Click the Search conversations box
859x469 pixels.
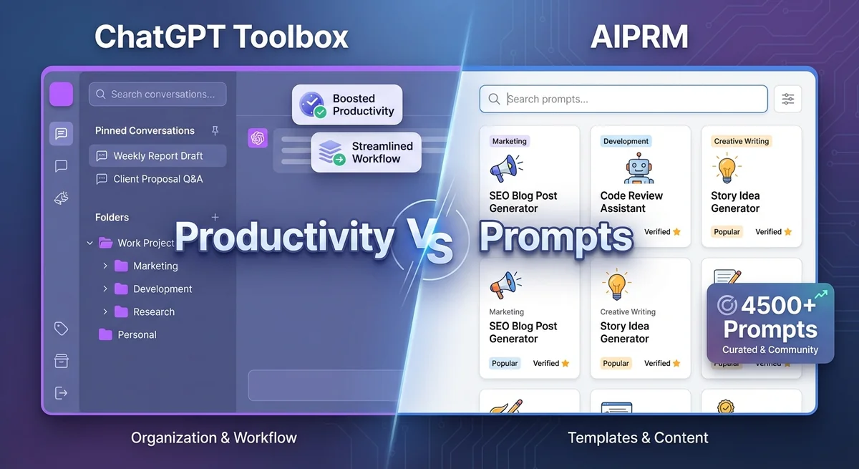(x=157, y=94)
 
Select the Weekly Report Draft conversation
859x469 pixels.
(x=157, y=155)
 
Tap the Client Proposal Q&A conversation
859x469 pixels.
(x=157, y=179)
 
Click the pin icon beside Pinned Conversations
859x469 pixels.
(x=215, y=130)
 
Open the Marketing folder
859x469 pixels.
(x=155, y=266)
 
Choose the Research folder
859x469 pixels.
(x=153, y=311)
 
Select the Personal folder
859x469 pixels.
(x=136, y=334)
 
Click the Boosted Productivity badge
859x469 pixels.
(x=347, y=105)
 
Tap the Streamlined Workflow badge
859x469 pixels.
(x=366, y=152)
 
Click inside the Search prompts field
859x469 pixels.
(x=623, y=100)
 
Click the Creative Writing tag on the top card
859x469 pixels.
(x=741, y=141)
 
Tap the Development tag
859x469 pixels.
(x=626, y=141)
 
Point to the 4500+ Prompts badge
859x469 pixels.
(x=770, y=322)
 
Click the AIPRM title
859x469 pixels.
(x=639, y=37)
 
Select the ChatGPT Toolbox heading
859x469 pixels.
(x=221, y=37)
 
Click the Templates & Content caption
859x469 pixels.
(x=638, y=437)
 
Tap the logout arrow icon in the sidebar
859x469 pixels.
(x=61, y=392)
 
